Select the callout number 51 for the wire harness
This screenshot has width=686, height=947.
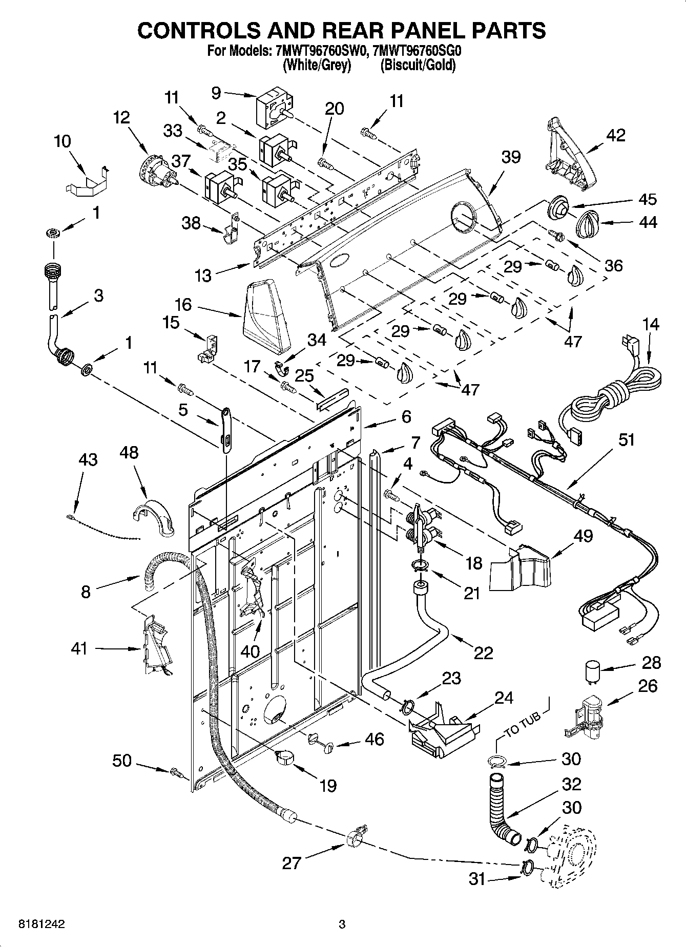[626, 440]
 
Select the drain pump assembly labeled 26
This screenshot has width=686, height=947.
[587, 716]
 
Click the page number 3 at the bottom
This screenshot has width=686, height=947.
[342, 924]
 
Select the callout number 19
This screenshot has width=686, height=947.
[328, 785]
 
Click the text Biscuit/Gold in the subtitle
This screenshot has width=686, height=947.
[418, 65]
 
